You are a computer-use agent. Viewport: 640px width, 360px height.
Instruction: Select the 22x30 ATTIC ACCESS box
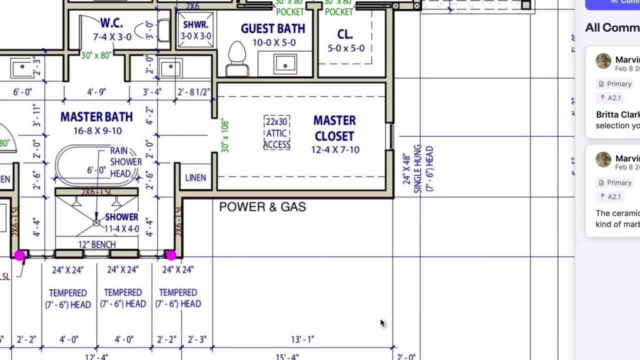tap(276, 133)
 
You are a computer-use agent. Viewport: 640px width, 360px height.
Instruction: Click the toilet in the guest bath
tap(237, 58)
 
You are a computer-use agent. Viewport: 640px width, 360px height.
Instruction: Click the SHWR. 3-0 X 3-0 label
tap(195, 30)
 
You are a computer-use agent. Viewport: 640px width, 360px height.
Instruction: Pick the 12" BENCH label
tap(97, 244)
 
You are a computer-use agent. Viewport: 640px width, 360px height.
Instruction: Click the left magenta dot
tap(19, 255)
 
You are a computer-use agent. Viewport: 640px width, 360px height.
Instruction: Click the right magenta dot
tap(171, 255)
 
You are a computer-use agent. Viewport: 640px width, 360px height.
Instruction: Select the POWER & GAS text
tap(262, 207)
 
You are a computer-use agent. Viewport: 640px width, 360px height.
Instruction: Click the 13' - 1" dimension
tap(302, 339)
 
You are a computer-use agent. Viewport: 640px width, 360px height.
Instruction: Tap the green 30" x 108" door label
tap(224, 135)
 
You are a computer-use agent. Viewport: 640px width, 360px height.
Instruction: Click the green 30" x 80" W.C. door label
tap(96, 55)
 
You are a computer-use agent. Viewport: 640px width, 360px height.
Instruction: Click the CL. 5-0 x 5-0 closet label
tap(345, 40)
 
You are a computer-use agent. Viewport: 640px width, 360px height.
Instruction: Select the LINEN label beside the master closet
tap(195, 178)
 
